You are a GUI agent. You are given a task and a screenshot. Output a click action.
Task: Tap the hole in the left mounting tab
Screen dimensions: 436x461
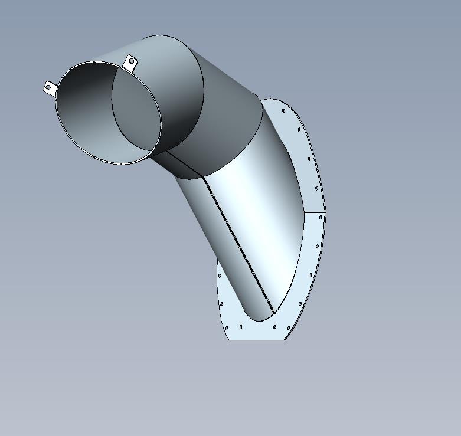48,88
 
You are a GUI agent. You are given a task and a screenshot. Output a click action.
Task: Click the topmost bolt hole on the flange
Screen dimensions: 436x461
283,110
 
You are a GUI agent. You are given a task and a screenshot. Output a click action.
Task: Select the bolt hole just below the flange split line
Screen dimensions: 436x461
321,217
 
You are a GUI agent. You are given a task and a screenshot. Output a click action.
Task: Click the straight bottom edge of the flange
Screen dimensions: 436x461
257,339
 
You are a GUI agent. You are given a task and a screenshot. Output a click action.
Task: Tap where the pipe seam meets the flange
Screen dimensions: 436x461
273,313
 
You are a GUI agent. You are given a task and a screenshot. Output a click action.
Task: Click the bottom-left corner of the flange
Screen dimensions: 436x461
229,339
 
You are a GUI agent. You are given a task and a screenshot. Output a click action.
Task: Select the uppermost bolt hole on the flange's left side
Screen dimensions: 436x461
220,275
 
